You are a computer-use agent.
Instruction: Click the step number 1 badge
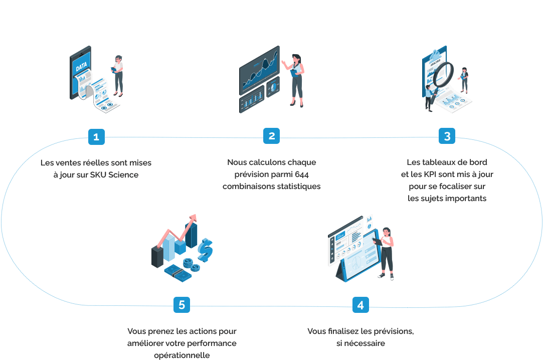[96, 136]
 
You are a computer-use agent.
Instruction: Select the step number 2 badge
[271, 136]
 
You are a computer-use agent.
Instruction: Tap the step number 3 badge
[447, 136]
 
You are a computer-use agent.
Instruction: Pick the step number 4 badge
[360, 305]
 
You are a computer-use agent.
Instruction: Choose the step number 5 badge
[182, 305]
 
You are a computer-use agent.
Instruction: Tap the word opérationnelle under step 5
[182, 355]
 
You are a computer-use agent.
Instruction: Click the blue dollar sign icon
[205, 249]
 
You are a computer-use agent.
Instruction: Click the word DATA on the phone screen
[81, 67]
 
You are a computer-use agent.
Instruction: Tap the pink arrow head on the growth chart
[192, 219]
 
